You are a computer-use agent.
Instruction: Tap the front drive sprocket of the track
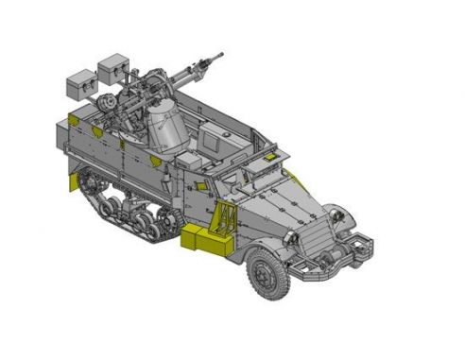(173, 223)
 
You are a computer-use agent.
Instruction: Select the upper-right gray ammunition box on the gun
(113, 67)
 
